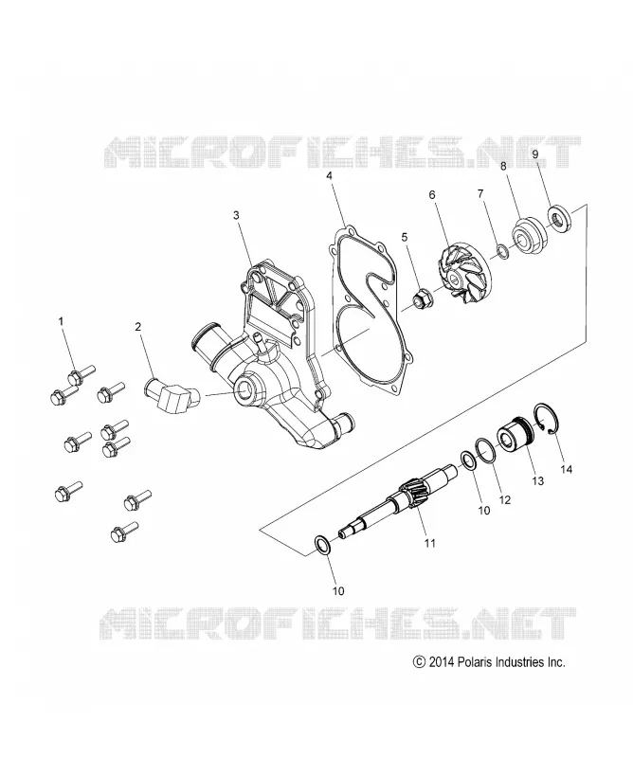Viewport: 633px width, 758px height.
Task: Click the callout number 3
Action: tap(236, 215)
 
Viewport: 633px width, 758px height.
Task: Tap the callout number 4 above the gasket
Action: tap(330, 175)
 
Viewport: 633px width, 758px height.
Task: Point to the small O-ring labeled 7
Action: tap(503, 252)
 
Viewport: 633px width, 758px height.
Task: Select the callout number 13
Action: tap(537, 481)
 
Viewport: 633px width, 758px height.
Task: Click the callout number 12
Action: tap(504, 500)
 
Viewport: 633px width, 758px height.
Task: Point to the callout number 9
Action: tap(535, 154)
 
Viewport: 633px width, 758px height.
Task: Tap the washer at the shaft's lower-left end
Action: tap(322, 545)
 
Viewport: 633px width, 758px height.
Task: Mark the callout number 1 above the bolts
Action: tap(61, 321)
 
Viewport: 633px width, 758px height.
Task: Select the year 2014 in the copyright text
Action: tap(441, 662)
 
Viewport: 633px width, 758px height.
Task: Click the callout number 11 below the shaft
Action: tap(430, 543)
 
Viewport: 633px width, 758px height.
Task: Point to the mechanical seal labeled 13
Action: tap(515, 435)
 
